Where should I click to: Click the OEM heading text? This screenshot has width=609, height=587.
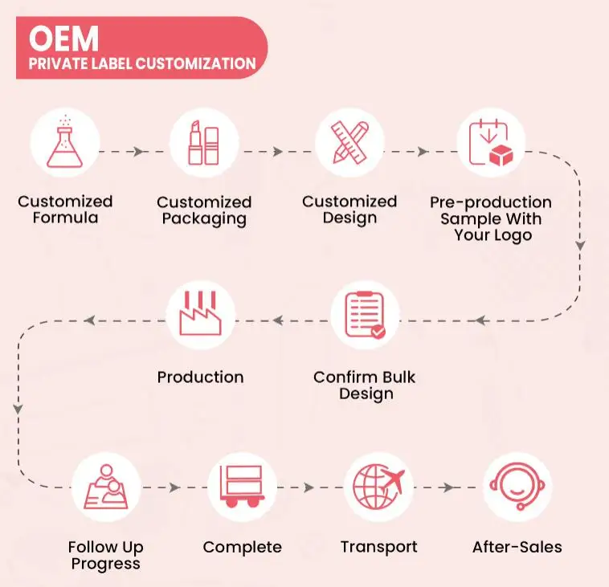point(63,38)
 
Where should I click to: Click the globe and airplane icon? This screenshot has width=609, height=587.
point(378,487)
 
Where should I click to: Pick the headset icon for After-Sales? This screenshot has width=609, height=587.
point(517,487)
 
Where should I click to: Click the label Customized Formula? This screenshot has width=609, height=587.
point(65,209)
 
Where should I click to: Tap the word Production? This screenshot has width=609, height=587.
point(200,377)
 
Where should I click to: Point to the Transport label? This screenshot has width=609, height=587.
point(378,547)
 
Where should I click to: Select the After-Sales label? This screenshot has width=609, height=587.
point(517,547)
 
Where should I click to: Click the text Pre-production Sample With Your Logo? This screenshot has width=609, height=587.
point(490,218)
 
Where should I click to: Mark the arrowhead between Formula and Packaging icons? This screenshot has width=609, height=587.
point(138,151)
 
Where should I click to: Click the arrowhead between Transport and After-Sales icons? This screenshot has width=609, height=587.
point(448,487)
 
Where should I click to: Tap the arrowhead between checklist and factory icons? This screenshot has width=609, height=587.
point(278,320)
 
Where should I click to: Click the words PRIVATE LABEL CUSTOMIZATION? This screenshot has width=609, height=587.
point(142,63)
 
